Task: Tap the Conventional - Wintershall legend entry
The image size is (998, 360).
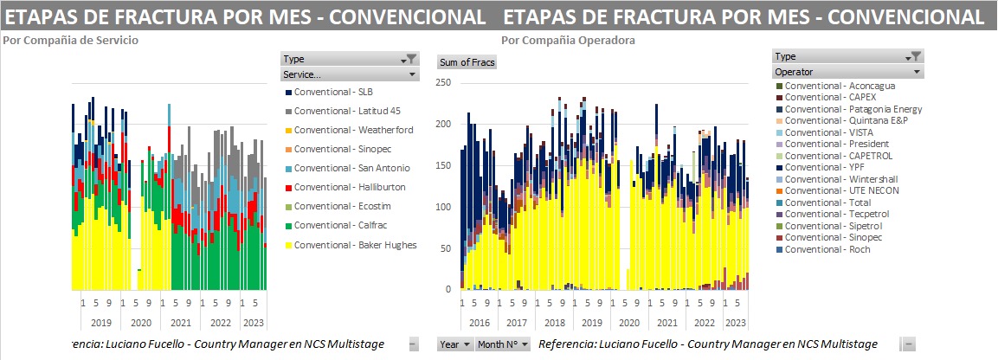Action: [x=835, y=179]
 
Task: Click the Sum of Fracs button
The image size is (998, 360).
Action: [x=467, y=62]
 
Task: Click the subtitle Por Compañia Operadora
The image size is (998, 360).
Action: [x=568, y=40]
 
